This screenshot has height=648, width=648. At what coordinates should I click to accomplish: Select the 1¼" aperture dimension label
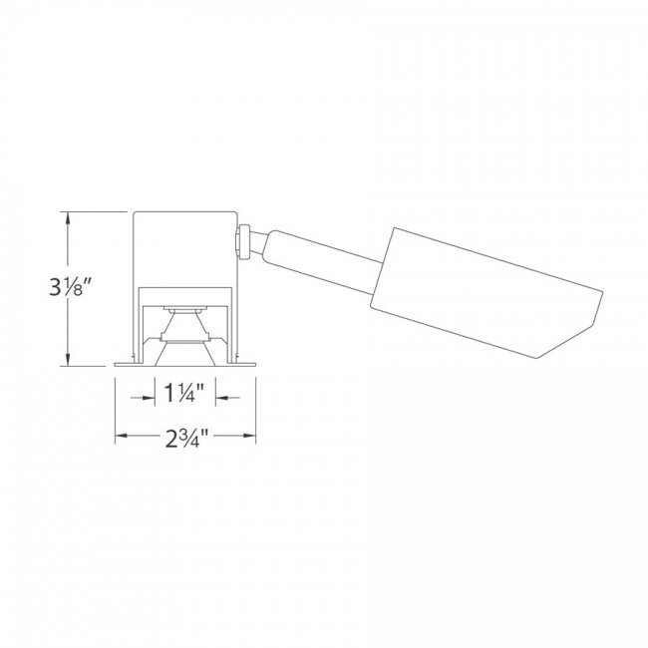click(x=184, y=393)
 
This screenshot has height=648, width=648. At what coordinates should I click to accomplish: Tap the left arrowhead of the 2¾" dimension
click(x=122, y=436)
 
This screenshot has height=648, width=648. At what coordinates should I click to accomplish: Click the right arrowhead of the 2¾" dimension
click(x=249, y=436)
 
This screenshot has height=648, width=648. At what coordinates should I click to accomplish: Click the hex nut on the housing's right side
click(x=242, y=242)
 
